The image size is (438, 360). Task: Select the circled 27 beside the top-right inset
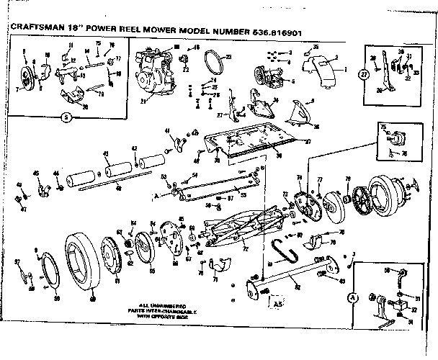(365, 74)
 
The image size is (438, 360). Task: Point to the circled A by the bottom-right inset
(353, 297)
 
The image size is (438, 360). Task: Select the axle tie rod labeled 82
(295, 276)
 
